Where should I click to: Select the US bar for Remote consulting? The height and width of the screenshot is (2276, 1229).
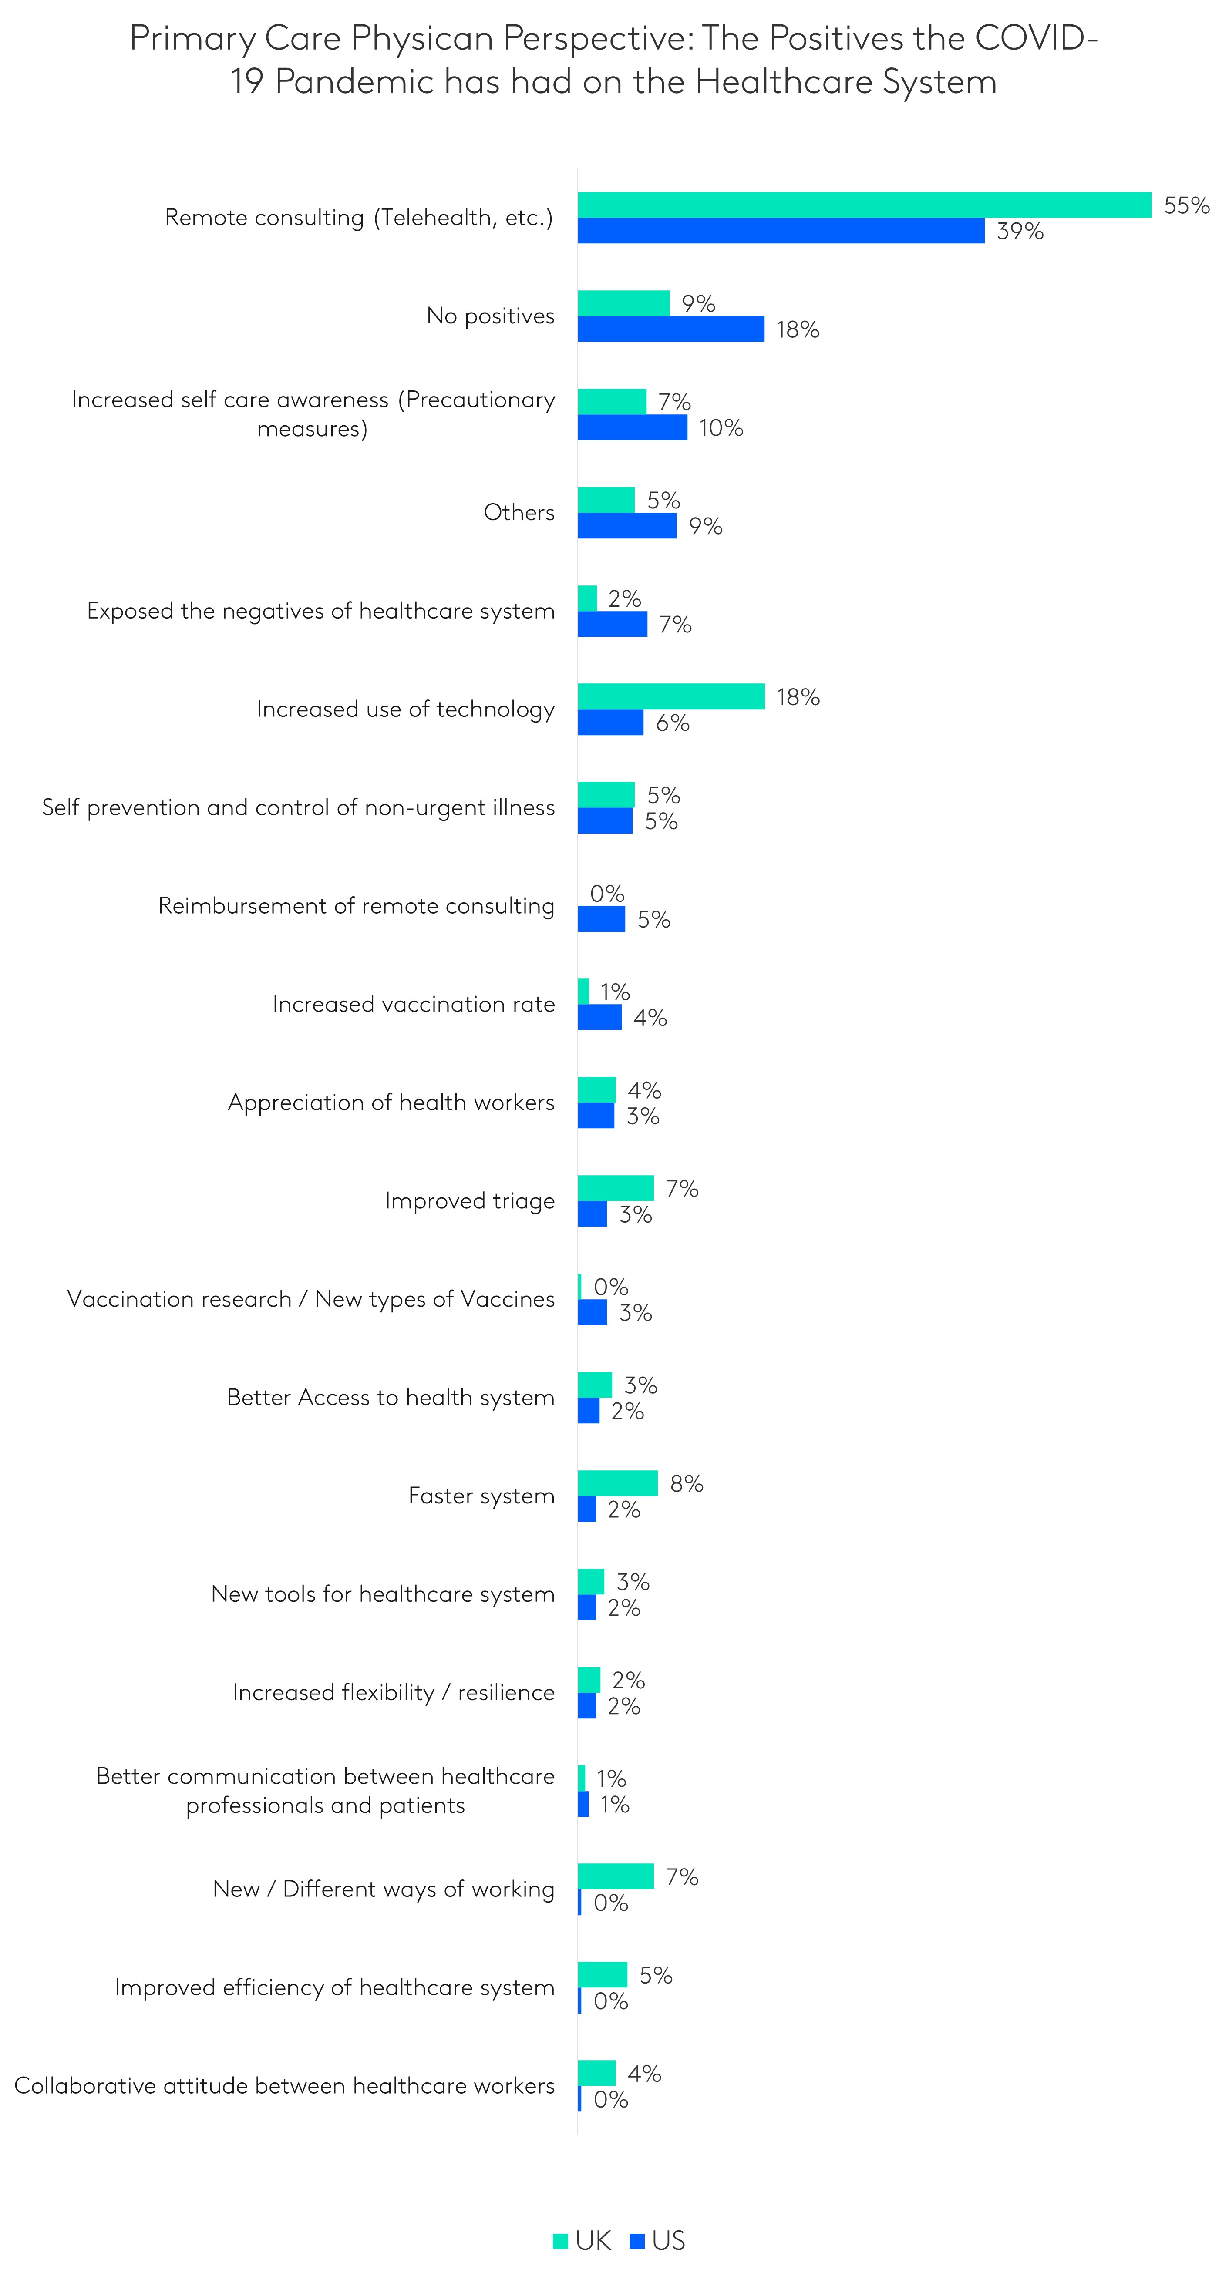pyautogui.click(x=781, y=231)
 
